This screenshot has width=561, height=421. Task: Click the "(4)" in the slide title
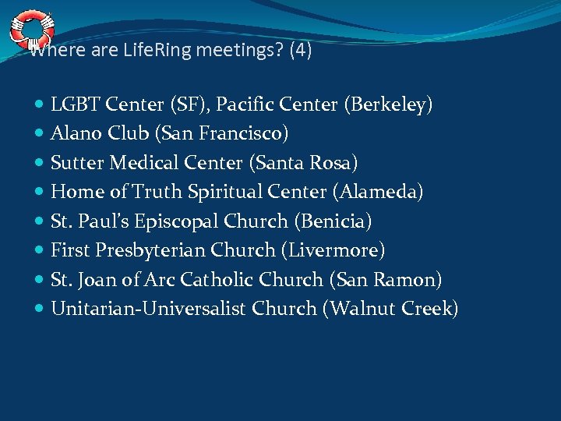(x=300, y=52)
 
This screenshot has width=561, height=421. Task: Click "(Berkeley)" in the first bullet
(x=389, y=104)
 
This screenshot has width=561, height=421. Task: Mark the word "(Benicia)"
(x=333, y=221)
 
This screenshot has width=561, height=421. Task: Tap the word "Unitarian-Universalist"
(x=148, y=310)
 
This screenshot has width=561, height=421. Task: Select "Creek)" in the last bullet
(x=430, y=310)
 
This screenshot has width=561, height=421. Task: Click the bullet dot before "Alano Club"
(x=40, y=134)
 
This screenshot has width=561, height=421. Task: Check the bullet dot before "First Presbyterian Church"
(x=40, y=251)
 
